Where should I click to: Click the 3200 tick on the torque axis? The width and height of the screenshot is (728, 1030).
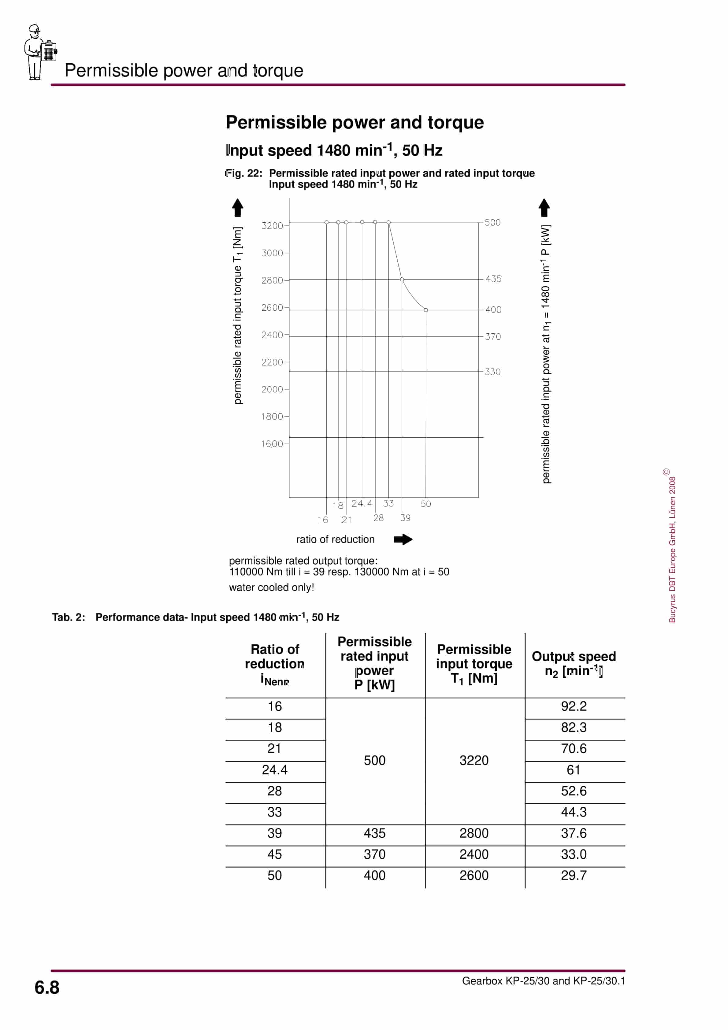[273, 226]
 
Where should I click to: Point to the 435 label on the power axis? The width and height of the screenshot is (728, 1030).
[493, 279]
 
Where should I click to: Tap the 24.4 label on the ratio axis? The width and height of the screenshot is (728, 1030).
[362, 503]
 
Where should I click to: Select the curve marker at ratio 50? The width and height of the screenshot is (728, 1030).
[426, 310]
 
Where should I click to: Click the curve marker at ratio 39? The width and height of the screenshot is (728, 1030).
[402, 280]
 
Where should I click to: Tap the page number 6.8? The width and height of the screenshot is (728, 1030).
[47, 987]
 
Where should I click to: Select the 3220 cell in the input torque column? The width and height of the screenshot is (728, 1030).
[474, 760]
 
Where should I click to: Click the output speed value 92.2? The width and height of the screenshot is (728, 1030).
[574, 706]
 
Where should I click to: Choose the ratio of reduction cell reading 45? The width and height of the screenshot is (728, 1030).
[275, 854]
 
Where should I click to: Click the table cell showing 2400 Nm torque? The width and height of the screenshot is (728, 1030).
[474, 854]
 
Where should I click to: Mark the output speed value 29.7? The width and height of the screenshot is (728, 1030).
[574, 875]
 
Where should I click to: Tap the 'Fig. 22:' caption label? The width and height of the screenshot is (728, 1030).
[244, 174]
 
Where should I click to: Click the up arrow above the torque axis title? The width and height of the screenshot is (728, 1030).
[238, 208]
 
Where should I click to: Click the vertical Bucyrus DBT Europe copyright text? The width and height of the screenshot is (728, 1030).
[672, 547]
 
